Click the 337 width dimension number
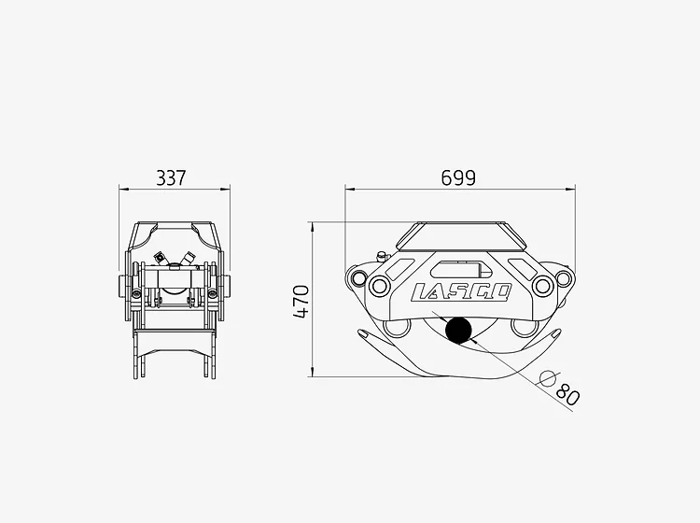171,177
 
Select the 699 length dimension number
458,177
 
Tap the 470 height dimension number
301,302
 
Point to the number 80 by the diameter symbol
567,394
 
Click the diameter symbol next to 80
548,379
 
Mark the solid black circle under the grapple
458,330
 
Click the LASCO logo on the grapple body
461,292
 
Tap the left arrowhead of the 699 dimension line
350,190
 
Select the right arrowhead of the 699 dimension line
571,190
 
